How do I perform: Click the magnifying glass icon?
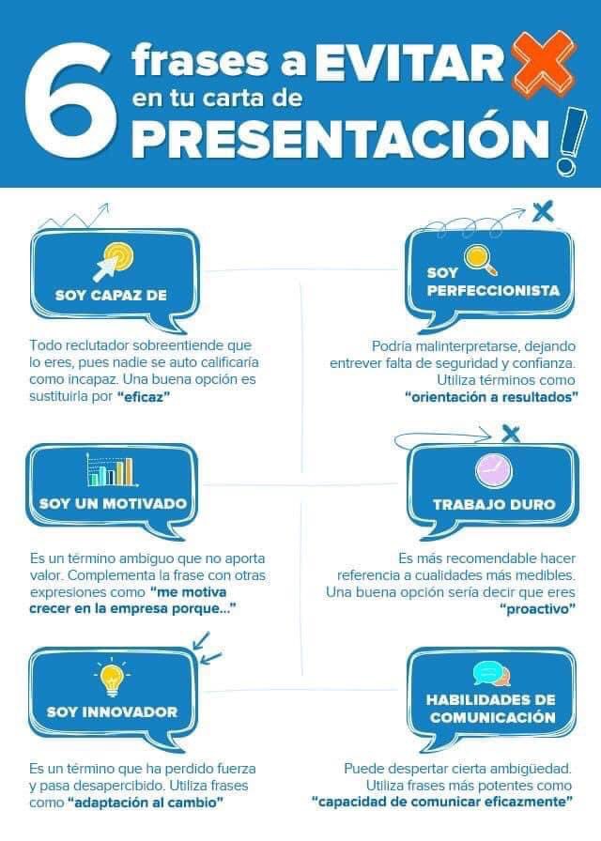477,257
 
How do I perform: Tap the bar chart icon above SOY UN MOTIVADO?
110,469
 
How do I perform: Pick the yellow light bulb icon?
111,677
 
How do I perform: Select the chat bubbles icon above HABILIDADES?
492,674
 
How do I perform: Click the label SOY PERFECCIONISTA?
493,282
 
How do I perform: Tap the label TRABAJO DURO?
494,504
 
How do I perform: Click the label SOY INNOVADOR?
112,711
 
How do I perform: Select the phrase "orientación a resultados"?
491,396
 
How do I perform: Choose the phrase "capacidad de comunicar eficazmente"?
442,802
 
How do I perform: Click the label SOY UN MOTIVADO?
113,504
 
